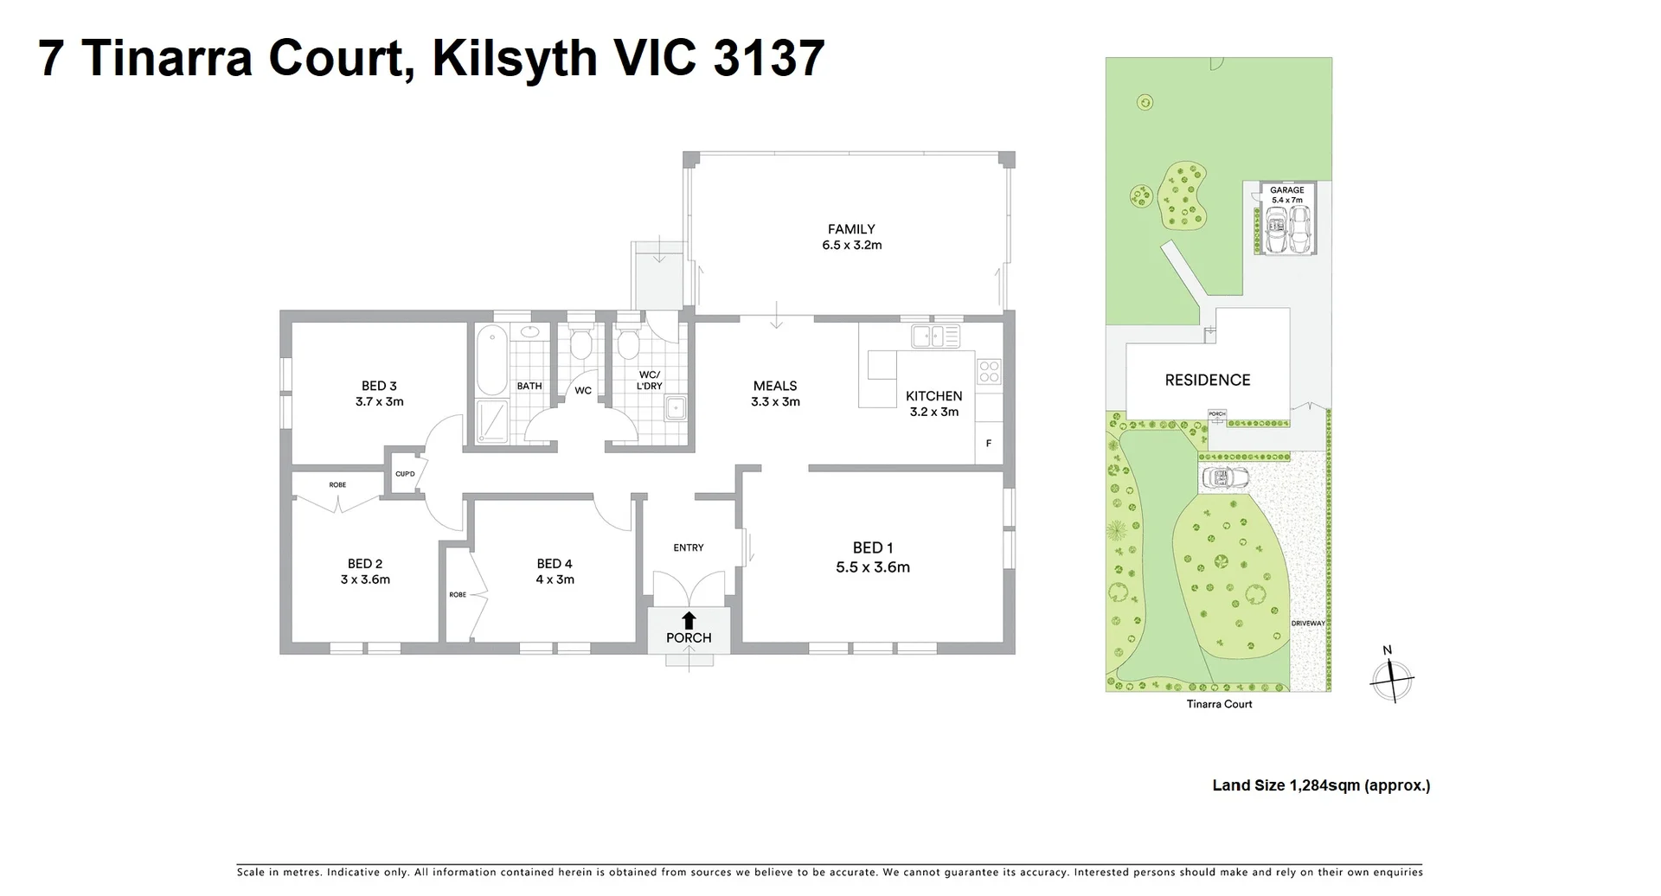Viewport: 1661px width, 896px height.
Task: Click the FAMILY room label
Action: click(x=851, y=229)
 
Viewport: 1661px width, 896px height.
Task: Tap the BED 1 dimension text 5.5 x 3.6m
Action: click(x=873, y=567)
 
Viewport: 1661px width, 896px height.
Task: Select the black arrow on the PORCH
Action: click(x=689, y=619)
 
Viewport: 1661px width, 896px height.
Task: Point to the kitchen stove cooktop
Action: click(x=989, y=372)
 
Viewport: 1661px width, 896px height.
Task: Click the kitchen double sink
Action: click(x=935, y=336)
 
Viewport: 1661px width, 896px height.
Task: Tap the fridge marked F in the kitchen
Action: click(x=989, y=444)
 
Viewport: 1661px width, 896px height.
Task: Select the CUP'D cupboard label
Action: click(x=405, y=474)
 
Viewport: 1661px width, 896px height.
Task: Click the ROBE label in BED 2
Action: click(x=337, y=485)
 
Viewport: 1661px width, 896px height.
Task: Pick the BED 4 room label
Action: click(x=555, y=564)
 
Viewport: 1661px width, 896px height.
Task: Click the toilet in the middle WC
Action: click(x=581, y=345)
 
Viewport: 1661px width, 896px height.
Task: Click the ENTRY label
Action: click(x=689, y=547)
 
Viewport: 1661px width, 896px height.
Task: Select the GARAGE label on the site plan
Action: click(x=1286, y=190)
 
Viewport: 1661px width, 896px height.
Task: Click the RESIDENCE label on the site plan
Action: click(x=1208, y=380)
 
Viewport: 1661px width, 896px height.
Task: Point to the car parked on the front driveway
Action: click(x=1225, y=477)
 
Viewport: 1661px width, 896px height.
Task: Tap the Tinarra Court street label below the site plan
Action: click(x=1219, y=704)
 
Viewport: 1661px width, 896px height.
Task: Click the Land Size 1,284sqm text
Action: click(x=1321, y=785)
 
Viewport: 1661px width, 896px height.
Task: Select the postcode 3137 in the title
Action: click(x=769, y=59)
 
